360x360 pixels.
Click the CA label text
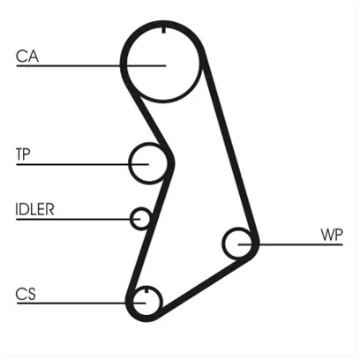[x=27, y=56]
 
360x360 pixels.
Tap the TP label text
[x=23, y=154]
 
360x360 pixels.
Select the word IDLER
[x=34, y=209]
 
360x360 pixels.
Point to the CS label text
[x=26, y=294]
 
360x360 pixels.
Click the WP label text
[x=332, y=235]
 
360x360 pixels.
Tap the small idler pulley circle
[x=132, y=219]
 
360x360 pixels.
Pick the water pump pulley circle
[x=224, y=244]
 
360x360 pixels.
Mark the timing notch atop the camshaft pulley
[x=164, y=30]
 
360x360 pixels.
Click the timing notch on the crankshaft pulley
[x=146, y=290]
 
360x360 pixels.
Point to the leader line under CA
[x=91, y=65]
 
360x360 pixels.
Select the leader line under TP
[x=83, y=164]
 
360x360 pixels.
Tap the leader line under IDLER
[x=79, y=219]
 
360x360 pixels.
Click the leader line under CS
[x=81, y=303]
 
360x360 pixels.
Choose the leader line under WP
[x=290, y=244]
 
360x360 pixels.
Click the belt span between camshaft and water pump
[x=230, y=147]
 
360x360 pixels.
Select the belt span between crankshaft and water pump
[x=203, y=286]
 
